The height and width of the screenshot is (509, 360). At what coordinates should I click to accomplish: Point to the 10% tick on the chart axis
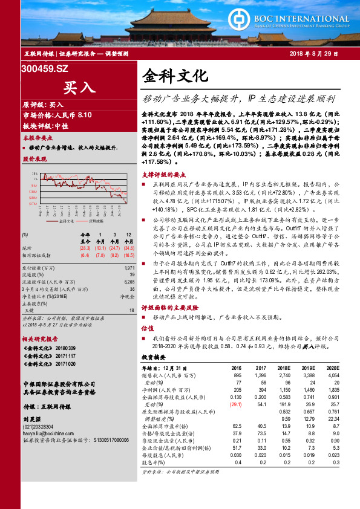[34, 173]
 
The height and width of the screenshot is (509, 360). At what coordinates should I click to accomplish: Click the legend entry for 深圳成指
[92, 221]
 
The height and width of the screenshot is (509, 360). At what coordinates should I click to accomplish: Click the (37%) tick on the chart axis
[34, 204]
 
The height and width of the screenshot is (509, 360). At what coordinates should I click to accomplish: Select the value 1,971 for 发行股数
[129, 267]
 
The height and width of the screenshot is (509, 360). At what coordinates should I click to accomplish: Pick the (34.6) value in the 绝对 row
[129, 248]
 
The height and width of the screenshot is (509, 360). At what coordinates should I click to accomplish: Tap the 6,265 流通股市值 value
[129, 282]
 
